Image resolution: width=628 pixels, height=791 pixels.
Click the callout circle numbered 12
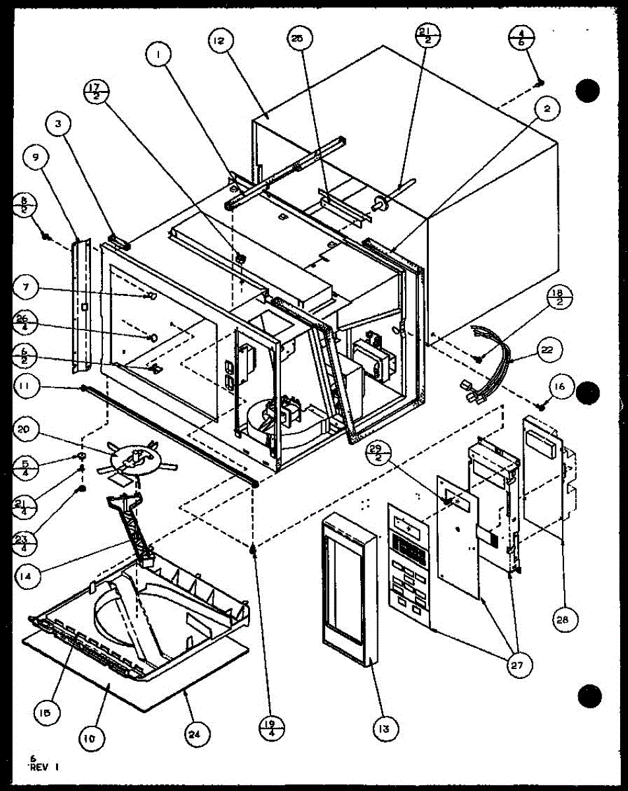(219, 42)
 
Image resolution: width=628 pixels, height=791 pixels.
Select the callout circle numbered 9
(34, 157)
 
